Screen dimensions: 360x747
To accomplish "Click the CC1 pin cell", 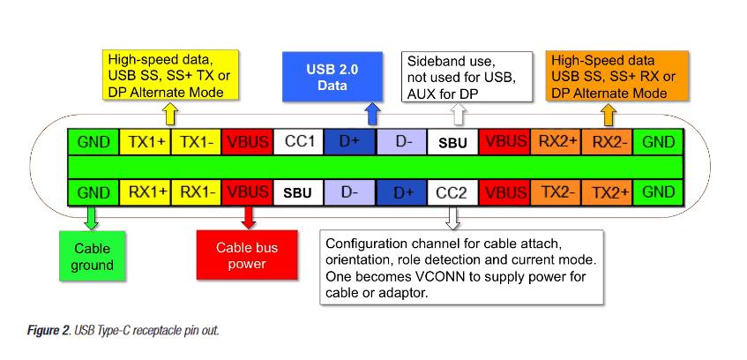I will pos(298,141).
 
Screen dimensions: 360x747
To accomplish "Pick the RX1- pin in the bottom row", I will pos(197,191).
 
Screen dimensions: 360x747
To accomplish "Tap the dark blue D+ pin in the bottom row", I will pos(402,191).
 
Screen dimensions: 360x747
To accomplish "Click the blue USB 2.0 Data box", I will pos(332,77).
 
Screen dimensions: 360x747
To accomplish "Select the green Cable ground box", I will pos(93,257).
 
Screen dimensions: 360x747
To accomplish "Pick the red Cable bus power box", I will pos(247,256).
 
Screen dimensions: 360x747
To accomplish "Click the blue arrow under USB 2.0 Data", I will pos(371,113).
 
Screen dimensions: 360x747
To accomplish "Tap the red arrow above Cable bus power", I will pos(248,218).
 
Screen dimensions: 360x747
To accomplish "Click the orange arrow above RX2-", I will pos(607,115).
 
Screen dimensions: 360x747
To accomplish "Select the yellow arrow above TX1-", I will pos(171,115).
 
